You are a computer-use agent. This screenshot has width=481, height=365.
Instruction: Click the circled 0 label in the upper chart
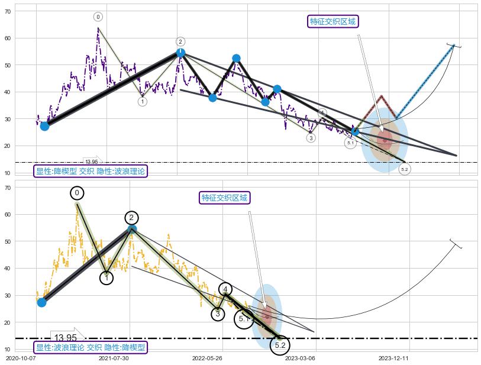(x=98, y=17)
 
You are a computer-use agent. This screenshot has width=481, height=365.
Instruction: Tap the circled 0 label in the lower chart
(x=77, y=193)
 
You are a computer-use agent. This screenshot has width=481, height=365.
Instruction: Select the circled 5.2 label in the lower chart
(x=280, y=345)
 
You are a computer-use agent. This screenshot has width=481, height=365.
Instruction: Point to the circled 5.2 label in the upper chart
(x=405, y=169)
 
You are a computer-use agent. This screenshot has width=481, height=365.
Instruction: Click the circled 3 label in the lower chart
(x=218, y=314)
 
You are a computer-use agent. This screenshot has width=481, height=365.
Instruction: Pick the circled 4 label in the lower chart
(x=225, y=289)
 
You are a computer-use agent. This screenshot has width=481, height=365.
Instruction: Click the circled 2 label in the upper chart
(x=180, y=41)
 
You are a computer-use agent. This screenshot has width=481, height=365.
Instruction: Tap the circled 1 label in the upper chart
(x=143, y=102)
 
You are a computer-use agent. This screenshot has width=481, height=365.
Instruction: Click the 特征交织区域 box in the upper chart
(x=334, y=22)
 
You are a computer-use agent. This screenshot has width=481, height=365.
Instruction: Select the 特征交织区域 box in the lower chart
(x=224, y=198)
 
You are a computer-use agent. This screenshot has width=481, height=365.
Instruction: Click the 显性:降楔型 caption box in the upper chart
(x=91, y=171)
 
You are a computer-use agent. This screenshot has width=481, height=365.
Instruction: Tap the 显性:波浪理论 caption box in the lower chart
(x=91, y=347)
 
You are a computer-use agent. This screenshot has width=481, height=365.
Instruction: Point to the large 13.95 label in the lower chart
(x=65, y=338)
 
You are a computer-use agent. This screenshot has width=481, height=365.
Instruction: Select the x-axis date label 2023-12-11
(x=393, y=358)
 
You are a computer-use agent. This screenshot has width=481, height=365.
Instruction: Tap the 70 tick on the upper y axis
(x=8, y=11)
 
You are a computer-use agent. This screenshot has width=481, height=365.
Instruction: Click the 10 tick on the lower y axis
(x=8, y=349)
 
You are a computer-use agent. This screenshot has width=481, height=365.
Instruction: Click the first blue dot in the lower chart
(x=41, y=302)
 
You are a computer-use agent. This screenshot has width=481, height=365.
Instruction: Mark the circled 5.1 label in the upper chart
(x=350, y=143)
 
